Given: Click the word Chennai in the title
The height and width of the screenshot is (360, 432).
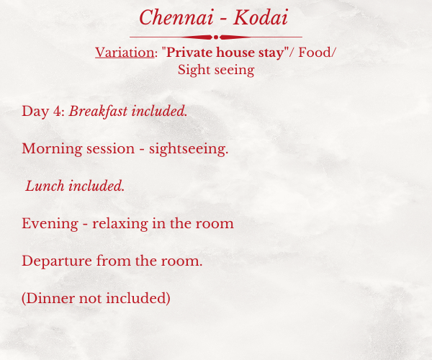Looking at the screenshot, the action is [176, 17].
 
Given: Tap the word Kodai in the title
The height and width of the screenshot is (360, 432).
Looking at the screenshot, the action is [261, 17].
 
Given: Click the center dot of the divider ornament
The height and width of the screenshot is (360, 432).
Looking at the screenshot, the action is [216, 37].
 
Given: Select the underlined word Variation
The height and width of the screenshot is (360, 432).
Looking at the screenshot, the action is [125, 53].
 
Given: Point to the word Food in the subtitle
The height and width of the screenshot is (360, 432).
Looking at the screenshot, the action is [315, 53].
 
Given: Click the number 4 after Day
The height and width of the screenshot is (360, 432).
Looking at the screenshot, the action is [58, 112].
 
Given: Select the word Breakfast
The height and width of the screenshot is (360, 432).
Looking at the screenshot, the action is [98, 112].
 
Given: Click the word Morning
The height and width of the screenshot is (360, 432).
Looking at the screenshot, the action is [52, 149].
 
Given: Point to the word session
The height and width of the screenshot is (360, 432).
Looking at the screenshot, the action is [110, 149].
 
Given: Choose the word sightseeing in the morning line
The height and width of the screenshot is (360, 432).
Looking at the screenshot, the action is [189, 149].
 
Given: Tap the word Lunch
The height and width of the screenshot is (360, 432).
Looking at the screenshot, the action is [45, 186].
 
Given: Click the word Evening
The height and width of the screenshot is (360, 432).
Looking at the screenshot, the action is [50, 223].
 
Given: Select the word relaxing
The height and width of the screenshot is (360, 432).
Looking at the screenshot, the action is [120, 223].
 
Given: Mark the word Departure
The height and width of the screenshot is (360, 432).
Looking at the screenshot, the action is [57, 261].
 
